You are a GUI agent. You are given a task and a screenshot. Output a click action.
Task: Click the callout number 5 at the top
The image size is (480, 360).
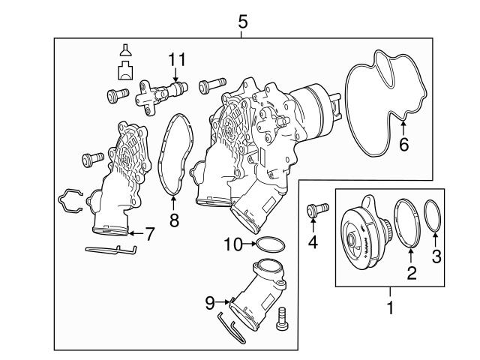(x=242, y=22)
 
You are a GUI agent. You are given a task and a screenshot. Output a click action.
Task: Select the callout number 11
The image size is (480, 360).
(x=177, y=60)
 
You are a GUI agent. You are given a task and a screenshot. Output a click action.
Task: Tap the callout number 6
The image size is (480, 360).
(x=404, y=145)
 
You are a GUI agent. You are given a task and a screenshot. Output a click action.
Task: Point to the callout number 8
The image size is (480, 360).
(x=174, y=220)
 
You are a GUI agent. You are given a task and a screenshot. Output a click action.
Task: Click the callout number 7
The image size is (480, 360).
(x=148, y=234)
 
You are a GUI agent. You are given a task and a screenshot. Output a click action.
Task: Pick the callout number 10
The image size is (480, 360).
(x=233, y=244)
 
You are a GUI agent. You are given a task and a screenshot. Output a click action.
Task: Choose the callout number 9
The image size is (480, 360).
(x=210, y=303)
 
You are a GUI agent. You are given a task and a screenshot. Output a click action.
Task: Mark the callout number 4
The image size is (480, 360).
(x=313, y=242)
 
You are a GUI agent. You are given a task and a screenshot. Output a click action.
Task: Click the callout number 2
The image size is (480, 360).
(x=412, y=273)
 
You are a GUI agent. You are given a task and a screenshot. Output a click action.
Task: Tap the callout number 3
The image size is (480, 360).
(x=436, y=256)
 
